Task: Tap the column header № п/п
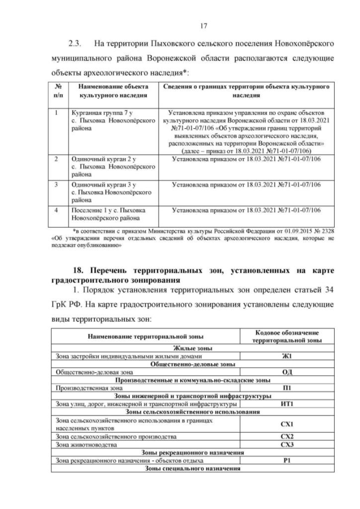[x=58, y=91]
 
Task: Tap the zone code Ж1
[x=288, y=356]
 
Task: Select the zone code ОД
[x=288, y=372]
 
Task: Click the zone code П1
[x=288, y=388]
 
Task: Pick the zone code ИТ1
[x=288, y=404]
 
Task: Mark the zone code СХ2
[x=288, y=436]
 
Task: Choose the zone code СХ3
[x=288, y=444]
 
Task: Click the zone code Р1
[x=288, y=461]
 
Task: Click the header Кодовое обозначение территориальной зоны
[x=287, y=336]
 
